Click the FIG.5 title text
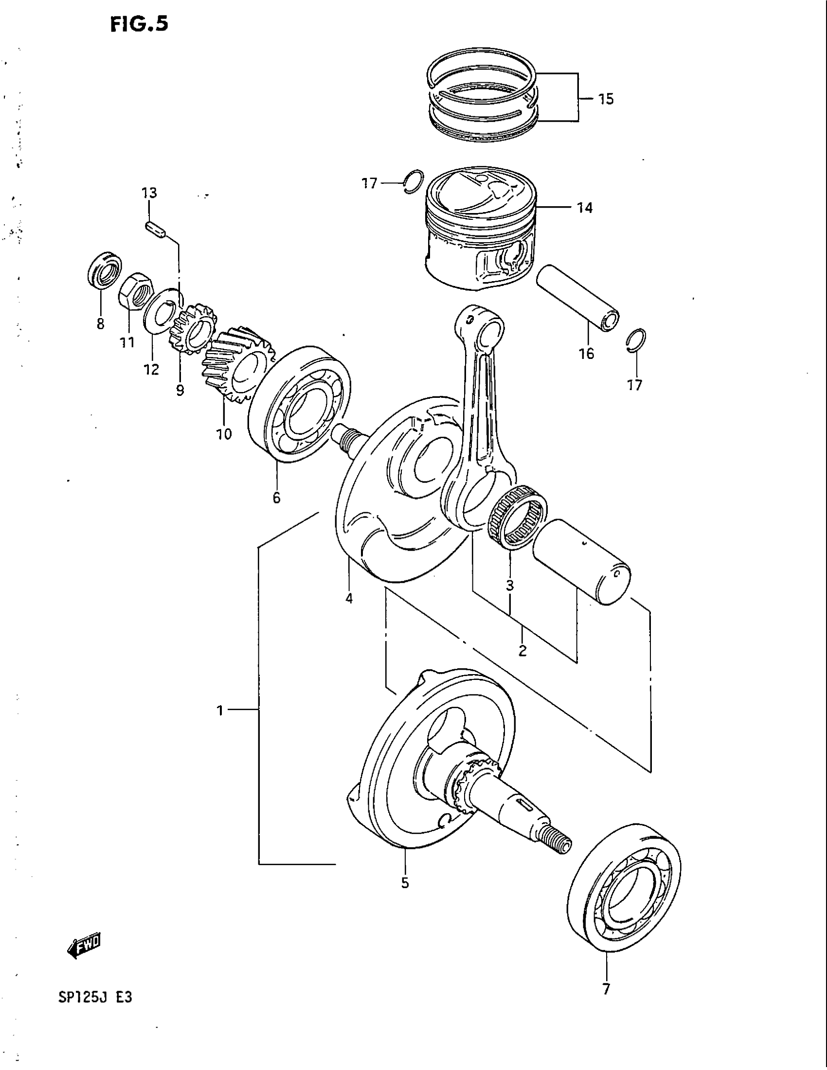click(x=139, y=23)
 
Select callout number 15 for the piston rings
click(x=606, y=99)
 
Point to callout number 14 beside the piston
click(x=584, y=208)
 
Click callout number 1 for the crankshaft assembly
click(x=220, y=710)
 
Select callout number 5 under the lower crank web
click(x=405, y=883)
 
